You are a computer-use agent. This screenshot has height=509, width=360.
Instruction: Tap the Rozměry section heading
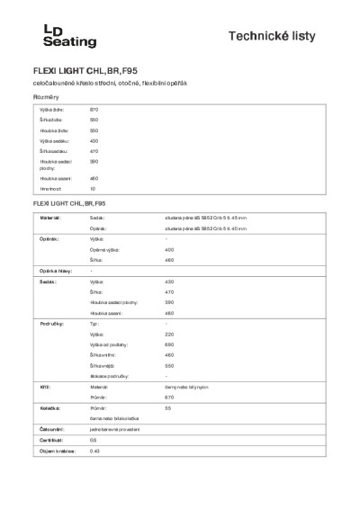pyautogui.click(x=46, y=95)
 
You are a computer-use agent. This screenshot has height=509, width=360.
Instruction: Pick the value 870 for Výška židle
pyautogui.click(x=94, y=109)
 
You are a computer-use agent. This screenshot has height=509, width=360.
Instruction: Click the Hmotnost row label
pyautogui.click(x=49, y=190)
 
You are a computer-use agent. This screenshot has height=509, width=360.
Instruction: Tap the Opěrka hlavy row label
pyautogui.click(x=53, y=271)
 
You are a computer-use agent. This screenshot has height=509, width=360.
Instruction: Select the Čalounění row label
pyautogui.click(x=49, y=429)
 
